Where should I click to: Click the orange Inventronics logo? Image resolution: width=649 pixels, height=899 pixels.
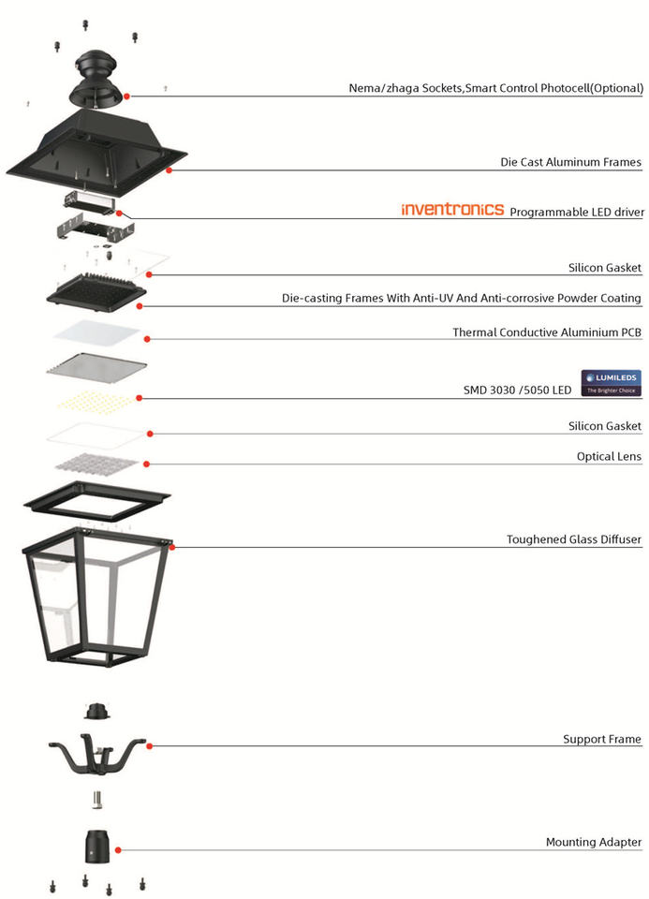click(452, 210)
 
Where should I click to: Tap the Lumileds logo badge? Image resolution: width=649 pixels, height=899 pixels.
click(612, 382)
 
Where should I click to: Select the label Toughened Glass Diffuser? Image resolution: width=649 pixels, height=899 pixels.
click(573, 540)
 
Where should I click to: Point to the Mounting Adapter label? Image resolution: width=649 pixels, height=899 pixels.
click(594, 842)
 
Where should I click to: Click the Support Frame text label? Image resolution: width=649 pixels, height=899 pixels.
click(601, 739)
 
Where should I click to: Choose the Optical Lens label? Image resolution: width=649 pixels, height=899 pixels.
click(609, 456)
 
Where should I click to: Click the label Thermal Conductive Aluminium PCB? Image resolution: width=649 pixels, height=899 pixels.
click(547, 332)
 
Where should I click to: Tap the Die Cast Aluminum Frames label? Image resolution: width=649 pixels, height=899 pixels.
click(570, 162)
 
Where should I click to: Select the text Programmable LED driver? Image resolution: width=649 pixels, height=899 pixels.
click(576, 212)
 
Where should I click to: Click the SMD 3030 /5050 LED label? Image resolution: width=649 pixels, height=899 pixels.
click(517, 390)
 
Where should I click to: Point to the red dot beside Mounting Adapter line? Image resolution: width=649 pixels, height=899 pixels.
click(119, 849)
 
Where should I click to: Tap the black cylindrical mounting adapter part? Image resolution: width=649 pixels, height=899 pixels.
click(97, 847)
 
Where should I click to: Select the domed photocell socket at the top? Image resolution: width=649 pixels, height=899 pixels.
click(97, 75)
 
